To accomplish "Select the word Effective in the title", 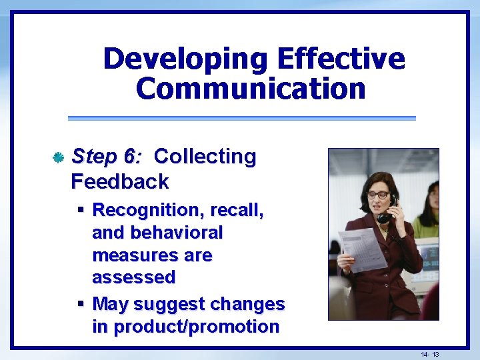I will point(340,59).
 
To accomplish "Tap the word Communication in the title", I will point(251,89).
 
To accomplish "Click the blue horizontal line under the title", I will point(241,118).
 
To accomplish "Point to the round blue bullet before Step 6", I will point(58,157).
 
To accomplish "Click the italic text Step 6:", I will point(106,157).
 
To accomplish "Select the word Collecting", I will point(205,157).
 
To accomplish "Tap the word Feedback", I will point(119,181).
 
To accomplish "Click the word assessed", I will point(133,277).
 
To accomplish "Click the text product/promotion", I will point(186,327).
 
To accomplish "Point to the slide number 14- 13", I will point(430,353).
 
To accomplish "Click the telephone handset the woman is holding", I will point(387,209).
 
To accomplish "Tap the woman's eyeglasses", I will point(378,194).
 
